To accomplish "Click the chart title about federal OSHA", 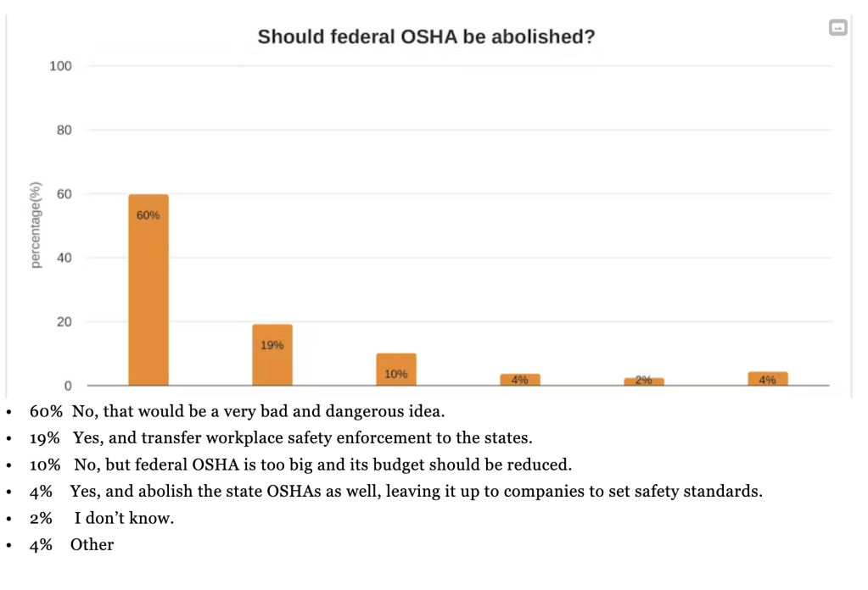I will (426, 37).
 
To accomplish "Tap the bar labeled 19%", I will (272, 354).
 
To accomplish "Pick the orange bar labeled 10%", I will (395, 369).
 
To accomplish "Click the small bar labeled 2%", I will (643, 381).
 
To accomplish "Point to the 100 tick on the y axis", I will (61, 66).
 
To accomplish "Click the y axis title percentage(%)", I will (36, 225).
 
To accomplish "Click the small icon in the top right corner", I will (837, 28).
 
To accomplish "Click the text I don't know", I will (129, 518).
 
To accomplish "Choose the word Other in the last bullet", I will (92, 544).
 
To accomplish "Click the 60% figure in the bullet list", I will (46, 413).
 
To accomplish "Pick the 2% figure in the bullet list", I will (41, 518).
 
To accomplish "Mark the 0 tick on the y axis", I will (68, 386).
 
